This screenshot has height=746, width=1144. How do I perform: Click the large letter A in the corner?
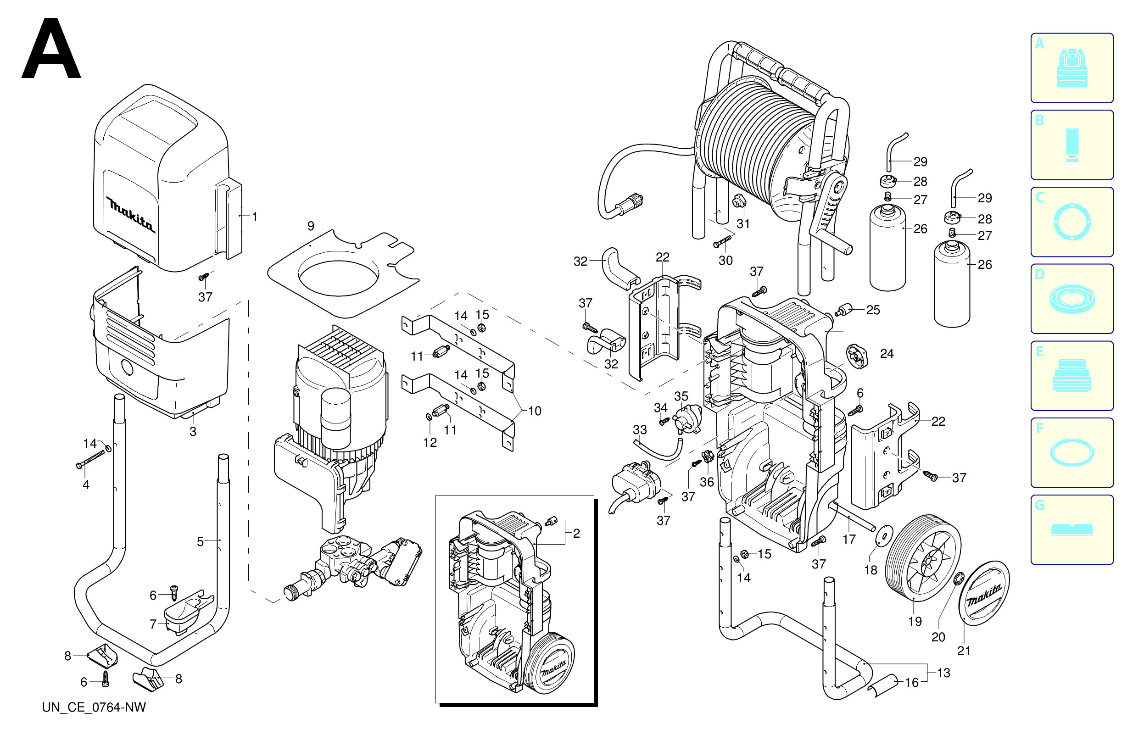tap(51, 49)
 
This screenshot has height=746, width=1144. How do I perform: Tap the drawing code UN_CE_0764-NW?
tap(94, 707)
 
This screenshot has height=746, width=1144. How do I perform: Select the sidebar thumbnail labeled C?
tap(1072, 222)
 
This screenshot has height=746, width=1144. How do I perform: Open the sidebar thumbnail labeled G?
tap(1072, 530)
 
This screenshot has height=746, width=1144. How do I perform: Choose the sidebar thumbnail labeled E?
tap(1072, 375)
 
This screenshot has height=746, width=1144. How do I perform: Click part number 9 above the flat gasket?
tap(311, 226)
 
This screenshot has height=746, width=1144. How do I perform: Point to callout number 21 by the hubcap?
tap(964, 651)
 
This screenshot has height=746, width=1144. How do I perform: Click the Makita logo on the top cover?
tap(131, 214)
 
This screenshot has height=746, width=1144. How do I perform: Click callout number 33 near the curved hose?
tap(640, 429)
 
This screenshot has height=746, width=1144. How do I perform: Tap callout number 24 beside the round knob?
tap(887, 354)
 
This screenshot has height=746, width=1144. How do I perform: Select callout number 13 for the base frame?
tap(943, 673)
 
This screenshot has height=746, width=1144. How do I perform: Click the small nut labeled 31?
tap(737, 201)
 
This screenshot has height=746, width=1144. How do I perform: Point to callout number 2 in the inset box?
tap(576, 533)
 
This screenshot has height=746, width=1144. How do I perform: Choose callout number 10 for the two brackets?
tap(535, 411)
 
